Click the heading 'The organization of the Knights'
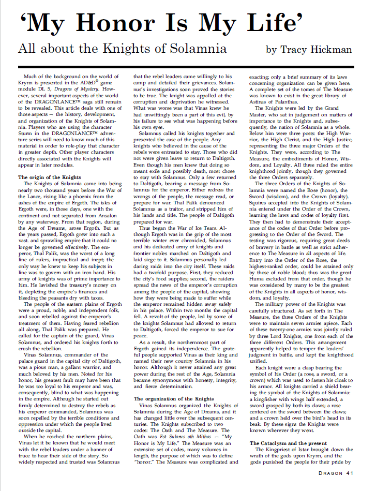[174, 384]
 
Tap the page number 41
[350, 472]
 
